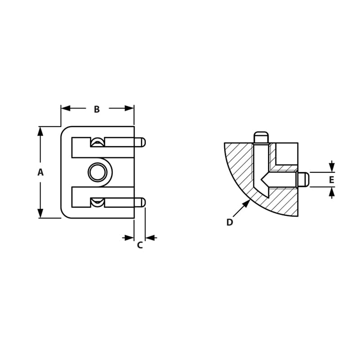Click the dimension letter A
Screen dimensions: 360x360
[x=40, y=172]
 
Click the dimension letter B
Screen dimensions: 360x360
[x=97, y=109]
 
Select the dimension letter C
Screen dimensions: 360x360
[x=139, y=245]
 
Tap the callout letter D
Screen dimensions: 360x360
[x=229, y=222]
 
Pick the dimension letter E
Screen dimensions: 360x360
[x=332, y=180]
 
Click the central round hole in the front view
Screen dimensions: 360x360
[x=97, y=172]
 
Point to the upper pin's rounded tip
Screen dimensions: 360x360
[x=143, y=142]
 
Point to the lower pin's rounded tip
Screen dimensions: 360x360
[x=143, y=202]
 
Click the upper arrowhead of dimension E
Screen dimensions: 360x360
[x=332, y=167]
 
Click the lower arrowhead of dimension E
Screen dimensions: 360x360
[x=332, y=192]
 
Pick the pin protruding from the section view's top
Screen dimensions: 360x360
[x=261, y=137]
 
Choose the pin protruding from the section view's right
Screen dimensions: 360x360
[x=303, y=180]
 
